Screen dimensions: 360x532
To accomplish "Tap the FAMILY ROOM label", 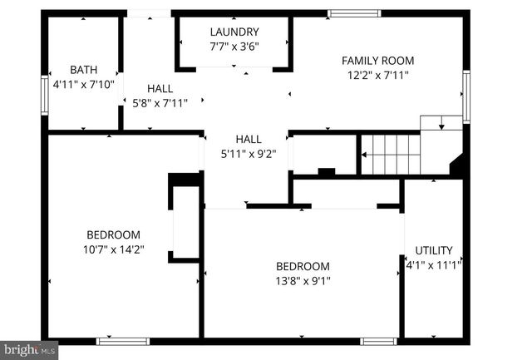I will click(x=378, y=61).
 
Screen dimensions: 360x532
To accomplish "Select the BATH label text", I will click(x=83, y=70).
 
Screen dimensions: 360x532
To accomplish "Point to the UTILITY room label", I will click(x=434, y=250).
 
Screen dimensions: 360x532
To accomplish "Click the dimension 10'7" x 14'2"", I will click(x=113, y=249).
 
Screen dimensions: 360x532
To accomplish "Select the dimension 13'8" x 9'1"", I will click(x=303, y=280).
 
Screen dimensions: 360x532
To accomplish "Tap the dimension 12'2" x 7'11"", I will click(x=378, y=75).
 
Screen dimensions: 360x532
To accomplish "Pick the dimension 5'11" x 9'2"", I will click(x=248, y=153).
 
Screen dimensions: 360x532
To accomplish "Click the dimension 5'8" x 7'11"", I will click(x=160, y=103).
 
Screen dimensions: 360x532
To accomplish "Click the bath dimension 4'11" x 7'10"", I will click(x=83, y=84).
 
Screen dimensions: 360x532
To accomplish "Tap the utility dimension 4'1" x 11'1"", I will click(x=433, y=264).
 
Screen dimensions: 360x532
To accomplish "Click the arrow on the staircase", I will click(x=363, y=154).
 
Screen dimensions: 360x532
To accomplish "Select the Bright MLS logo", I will click(x=29, y=350).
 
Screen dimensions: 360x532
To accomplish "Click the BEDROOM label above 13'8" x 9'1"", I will click(x=303, y=266).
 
